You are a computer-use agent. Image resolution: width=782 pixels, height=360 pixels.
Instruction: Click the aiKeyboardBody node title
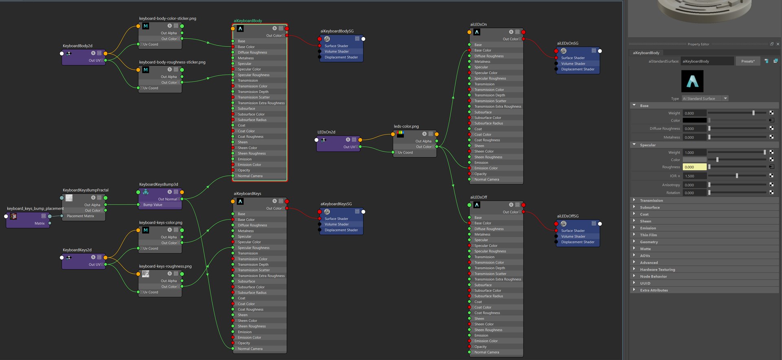coord(248,21)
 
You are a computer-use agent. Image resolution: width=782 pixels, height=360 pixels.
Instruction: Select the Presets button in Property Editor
coord(748,61)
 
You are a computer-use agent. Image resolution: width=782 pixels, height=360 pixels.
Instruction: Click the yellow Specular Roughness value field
coord(694,167)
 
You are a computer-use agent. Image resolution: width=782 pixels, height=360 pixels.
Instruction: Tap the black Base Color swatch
coord(694,121)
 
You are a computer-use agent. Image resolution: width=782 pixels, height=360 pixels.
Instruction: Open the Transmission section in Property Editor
coord(651,200)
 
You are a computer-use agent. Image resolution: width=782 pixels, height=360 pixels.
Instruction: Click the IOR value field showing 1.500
coord(694,176)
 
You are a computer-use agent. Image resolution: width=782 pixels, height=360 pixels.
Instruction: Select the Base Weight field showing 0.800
coord(694,113)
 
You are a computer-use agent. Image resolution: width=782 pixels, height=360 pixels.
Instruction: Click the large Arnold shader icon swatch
coord(692,81)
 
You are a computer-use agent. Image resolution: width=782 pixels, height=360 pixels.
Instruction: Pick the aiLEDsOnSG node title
coord(568,43)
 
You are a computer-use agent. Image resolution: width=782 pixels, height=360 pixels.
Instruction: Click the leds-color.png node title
coord(406,126)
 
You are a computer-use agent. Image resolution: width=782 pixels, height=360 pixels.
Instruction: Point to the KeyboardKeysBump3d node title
coord(158,184)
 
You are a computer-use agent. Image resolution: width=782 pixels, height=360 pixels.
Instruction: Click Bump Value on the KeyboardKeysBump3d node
coord(153,205)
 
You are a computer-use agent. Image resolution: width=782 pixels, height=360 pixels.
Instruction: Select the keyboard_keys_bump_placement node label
coord(35,209)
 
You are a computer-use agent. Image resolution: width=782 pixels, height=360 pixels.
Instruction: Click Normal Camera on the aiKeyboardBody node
coord(250,176)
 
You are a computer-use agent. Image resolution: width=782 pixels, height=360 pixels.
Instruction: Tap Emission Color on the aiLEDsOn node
coord(486,168)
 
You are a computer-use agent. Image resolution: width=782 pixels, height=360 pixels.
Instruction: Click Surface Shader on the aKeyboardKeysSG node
coord(336,219)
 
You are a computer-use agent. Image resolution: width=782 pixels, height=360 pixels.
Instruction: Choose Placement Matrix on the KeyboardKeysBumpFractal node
coord(80,216)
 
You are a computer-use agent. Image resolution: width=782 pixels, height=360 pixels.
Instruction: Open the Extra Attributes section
coord(654,290)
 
